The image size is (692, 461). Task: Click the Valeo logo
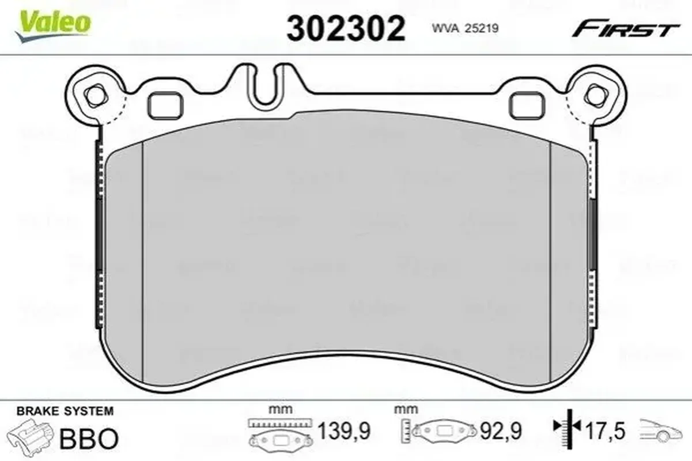pos(53,26)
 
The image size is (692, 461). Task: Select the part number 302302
pos(346,28)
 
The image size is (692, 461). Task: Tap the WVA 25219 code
pos(465,28)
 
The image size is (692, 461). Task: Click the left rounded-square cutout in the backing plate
pos(165,105)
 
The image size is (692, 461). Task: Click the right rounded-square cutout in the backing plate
pos(527,105)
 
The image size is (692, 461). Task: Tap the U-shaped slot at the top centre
pos(264,87)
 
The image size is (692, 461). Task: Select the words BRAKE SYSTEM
pos(65,411)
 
